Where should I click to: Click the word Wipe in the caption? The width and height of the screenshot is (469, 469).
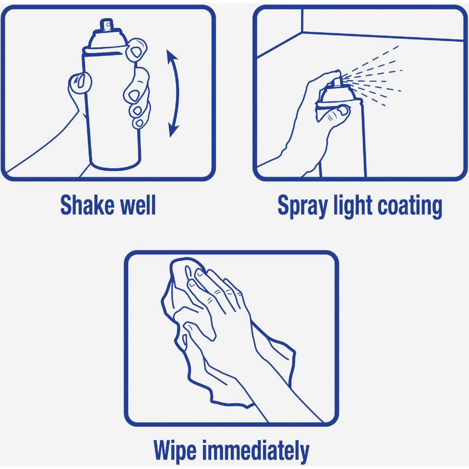click(x=175, y=451)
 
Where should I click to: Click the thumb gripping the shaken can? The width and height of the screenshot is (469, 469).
click(x=79, y=82)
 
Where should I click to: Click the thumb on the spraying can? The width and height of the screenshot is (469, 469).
click(x=339, y=112)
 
